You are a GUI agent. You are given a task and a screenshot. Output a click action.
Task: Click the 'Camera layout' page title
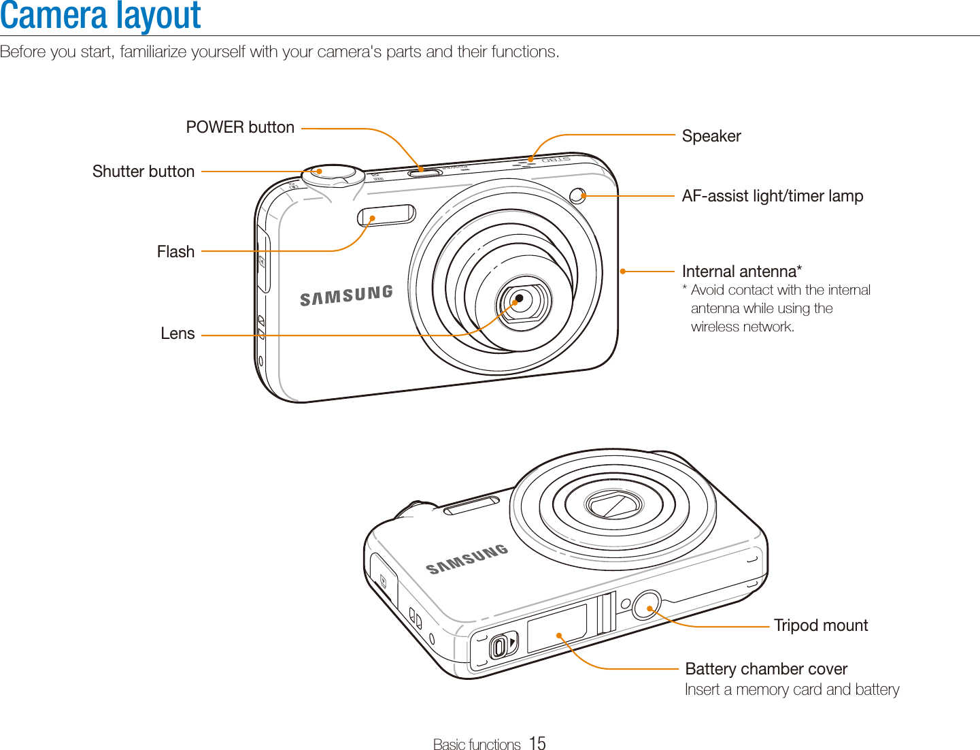tap(101, 16)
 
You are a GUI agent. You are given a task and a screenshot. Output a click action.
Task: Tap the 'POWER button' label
tap(240, 127)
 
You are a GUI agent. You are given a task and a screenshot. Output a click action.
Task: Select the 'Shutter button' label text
tap(143, 172)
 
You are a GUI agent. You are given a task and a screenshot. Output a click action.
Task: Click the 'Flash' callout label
tap(175, 252)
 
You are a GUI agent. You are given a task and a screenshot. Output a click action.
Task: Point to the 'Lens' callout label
tap(178, 333)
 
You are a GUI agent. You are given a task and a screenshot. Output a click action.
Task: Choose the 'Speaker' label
tap(711, 136)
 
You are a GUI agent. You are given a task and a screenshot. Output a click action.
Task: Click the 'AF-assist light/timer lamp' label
tap(773, 196)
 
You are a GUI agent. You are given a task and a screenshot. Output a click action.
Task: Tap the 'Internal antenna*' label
tap(741, 272)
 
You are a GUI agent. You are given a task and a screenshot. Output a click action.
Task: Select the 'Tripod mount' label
tap(821, 625)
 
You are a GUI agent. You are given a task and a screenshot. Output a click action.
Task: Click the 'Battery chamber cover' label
tap(766, 669)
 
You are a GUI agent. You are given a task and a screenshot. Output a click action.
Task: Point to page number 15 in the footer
tap(537, 743)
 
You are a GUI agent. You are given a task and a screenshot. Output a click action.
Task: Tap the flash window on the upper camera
tap(386, 215)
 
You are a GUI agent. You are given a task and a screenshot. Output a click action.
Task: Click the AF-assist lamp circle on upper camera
tap(577, 196)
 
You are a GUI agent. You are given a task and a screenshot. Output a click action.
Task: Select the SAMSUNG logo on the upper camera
tap(346, 295)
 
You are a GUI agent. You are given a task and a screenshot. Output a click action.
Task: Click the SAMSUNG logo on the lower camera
tap(467, 559)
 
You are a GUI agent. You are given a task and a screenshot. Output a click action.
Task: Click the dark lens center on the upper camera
tap(520, 298)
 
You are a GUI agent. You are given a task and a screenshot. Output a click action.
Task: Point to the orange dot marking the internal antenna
tap(622, 272)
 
